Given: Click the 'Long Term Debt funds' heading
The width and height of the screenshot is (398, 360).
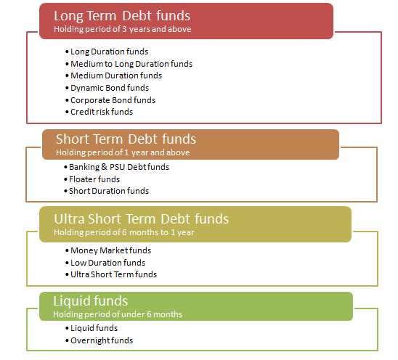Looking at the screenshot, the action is (122, 16).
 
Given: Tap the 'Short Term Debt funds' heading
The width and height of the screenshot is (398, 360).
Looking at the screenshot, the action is (126, 139).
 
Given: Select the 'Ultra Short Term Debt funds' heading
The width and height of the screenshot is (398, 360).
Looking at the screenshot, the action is (141, 219).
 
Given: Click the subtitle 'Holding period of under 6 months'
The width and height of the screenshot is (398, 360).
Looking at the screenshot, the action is (118, 314).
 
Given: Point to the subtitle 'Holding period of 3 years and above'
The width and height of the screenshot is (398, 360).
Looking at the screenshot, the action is (122, 29).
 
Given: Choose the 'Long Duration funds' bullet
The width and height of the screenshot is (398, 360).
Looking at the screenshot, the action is (109, 52).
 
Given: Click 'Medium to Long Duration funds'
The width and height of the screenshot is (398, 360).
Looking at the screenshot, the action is (131, 64).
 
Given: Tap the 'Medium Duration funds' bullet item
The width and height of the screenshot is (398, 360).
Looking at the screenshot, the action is (116, 75).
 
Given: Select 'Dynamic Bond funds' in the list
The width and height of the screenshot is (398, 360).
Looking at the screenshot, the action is (110, 88).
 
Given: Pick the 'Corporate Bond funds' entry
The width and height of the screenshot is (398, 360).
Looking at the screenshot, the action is (113, 100).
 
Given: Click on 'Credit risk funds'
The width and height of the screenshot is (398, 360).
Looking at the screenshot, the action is (102, 112).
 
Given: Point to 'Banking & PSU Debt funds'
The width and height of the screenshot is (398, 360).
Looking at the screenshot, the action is (119, 167).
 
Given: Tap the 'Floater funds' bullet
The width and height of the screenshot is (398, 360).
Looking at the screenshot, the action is (94, 179).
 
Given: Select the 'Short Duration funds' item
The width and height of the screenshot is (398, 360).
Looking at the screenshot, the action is (109, 191).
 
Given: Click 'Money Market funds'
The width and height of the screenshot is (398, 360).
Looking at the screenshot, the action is (110, 250).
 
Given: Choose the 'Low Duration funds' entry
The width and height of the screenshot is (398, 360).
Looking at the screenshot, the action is (107, 263).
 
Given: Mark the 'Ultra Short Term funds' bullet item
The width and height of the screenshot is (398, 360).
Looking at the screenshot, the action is (113, 274).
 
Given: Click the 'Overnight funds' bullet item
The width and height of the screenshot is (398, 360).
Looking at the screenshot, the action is (102, 340).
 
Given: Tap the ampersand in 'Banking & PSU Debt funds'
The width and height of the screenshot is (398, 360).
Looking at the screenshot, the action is (104, 167).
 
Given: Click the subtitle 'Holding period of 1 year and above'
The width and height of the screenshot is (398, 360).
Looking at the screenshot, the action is (123, 152).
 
